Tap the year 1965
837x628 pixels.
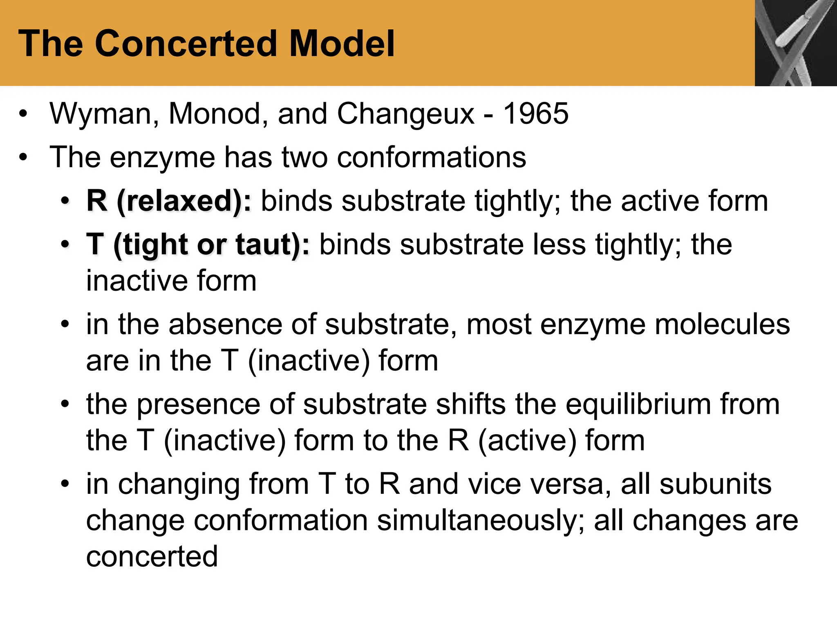[535, 114]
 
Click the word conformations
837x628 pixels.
[431, 157]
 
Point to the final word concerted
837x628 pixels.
[152, 556]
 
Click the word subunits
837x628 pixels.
[715, 484]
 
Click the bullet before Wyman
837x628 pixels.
[23, 114]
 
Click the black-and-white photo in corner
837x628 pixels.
[795, 43]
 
